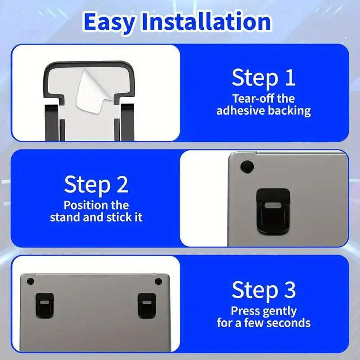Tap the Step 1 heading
[263, 78]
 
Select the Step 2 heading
[96, 184]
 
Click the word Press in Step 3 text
[245, 310]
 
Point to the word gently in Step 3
[279, 311]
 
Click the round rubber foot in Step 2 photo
[246, 166]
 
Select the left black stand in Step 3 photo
[45, 304]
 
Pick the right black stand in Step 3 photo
[146, 304]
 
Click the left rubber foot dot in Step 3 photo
[31, 281]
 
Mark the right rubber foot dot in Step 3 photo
[158, 281]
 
